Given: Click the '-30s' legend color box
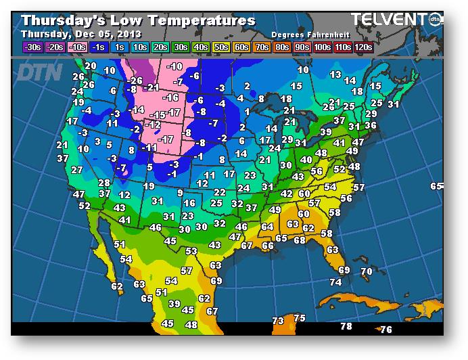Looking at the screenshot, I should [31, 47].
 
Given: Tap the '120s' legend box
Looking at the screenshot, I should [364, 47].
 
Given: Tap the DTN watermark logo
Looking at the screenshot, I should [39, 72].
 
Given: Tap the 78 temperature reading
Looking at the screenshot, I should [346, 326].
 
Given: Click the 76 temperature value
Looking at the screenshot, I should [385, 330].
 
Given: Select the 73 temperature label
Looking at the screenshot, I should [277, 320].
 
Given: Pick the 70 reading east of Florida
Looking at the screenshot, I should [366, 271].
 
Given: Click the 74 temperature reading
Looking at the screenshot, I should [335, 282].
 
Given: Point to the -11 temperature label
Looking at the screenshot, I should [150, 147].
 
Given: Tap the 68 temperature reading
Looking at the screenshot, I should [300, 240].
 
